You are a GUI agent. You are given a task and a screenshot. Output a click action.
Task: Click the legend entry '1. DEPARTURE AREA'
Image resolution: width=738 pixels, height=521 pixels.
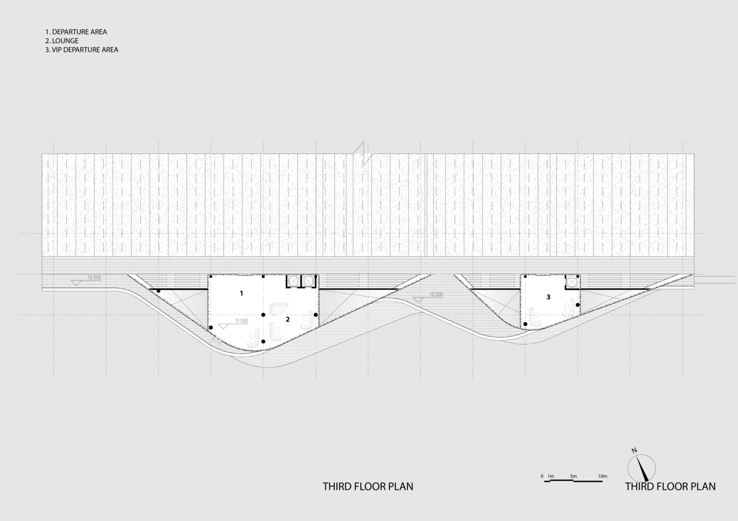coord(76,32)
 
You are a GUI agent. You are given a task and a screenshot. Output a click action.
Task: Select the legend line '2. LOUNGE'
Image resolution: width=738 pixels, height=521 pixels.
coord(62,41)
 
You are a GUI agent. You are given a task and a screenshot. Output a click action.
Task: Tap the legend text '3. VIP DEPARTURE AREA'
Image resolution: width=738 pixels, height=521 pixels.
coord(82,49)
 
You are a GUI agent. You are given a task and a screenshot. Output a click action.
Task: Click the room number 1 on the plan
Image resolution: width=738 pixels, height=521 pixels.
coord(241,293)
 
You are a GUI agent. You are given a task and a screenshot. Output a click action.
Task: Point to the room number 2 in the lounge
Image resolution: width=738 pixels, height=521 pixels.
coord(287,319)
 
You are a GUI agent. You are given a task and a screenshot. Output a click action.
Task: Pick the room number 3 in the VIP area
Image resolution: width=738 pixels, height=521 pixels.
coord(548,297)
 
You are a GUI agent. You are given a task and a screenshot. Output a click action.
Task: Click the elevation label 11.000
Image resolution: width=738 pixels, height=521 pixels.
coord(241,321)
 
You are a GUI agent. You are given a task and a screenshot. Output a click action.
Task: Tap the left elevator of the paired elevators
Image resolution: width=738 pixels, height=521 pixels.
coord(293,281)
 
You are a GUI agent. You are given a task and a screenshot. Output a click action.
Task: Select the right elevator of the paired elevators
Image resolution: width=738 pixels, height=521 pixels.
coord(308,281)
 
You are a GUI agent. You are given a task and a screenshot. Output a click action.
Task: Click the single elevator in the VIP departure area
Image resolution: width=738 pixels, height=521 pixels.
coord(571,282)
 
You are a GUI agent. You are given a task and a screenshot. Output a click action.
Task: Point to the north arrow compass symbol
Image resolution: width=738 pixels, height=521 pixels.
coord(642,468)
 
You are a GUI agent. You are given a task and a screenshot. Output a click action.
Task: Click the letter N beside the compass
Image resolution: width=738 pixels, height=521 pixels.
coord(634,451)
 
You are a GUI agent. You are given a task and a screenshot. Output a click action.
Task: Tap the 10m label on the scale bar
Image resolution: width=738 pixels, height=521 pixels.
coord(602,476)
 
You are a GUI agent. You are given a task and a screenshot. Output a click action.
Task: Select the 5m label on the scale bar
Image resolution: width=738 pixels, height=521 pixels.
coord(573,476)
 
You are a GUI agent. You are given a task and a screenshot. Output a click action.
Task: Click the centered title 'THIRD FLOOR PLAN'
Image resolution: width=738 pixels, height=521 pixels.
coord(368,487)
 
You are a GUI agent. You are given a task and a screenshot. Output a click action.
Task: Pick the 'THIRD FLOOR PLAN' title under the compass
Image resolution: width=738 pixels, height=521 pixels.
coord(671,487)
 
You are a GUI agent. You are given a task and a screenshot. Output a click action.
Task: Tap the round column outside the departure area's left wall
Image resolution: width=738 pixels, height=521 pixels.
coord(159,291)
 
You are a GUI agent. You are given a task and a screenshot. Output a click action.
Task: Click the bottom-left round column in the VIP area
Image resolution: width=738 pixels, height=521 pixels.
coord(526,324)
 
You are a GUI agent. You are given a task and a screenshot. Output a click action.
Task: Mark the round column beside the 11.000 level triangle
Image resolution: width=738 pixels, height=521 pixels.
coord(211,328)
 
